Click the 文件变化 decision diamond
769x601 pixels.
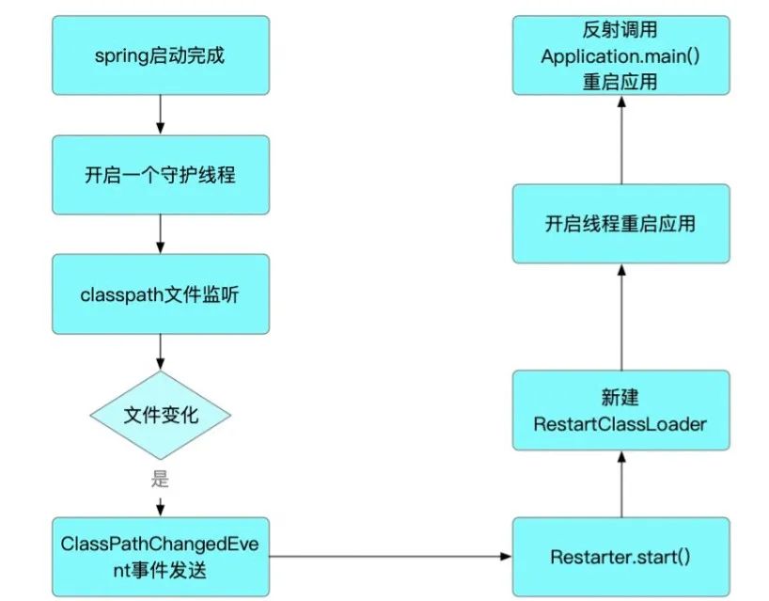tap(161, 415)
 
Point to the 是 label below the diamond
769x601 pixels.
tap(160, 478)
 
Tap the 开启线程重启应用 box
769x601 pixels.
tap(620, 225)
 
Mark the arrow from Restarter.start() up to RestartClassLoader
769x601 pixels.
tap(620, 485)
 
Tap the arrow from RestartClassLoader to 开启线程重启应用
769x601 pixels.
tap(620, 317)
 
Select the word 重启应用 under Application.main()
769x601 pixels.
tap(620, 81)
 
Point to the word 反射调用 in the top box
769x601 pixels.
tap(620, 31)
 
